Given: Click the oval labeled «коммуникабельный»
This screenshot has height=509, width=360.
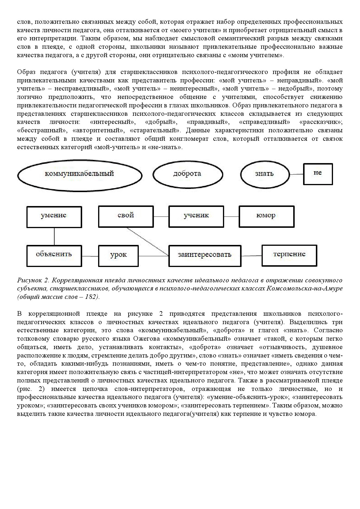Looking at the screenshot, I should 80,174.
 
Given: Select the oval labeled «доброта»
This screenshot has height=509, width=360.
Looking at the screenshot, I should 188,174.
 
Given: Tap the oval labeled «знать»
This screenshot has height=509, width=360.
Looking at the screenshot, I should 264,174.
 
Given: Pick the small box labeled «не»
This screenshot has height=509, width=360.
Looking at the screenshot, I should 318,174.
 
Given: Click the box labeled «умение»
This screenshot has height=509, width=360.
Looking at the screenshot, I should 54,216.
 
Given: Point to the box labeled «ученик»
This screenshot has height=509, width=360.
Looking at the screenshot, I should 196,216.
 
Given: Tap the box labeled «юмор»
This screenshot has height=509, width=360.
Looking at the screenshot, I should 266,216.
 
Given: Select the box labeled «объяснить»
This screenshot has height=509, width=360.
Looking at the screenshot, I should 54,255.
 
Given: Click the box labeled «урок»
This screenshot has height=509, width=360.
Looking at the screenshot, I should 118,255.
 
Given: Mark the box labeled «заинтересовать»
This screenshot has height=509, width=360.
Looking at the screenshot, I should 205,255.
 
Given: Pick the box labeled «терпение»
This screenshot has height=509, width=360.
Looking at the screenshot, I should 289,255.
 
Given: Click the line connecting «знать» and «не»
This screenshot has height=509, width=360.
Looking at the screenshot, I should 296,174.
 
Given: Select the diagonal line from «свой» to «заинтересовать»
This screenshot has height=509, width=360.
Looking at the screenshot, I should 147,241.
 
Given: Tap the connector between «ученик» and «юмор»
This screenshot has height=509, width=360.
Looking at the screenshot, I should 231,217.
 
